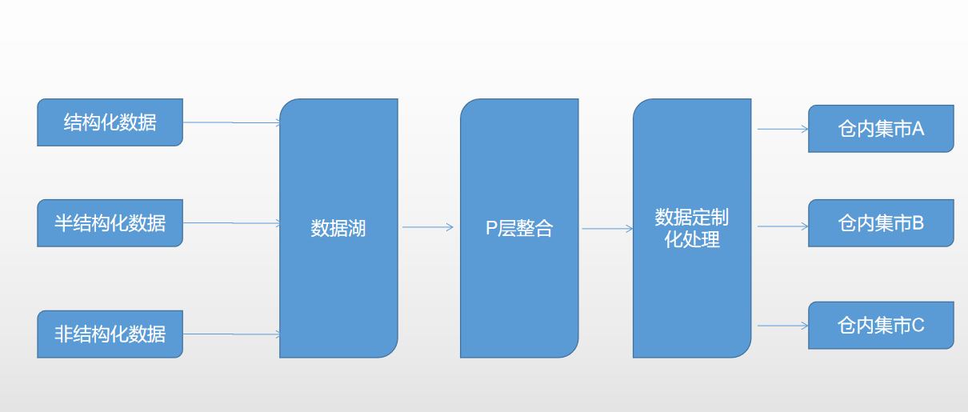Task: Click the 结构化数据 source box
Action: (x=110, y=122)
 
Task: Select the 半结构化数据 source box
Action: (x=110, y=223)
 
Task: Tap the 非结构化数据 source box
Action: (x=110, y=334)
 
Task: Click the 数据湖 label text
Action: (x=338, y=229)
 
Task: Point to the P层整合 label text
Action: (x=519, y=229)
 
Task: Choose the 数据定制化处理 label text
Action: (x=692, y=228)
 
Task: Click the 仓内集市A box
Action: (x=881, y=129)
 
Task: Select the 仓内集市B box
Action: (x=881, y=223)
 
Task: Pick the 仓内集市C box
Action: (x=881, y=326)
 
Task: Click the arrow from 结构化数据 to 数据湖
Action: (x=231, y=122)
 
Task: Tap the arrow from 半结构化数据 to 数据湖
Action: (x=231, y=223)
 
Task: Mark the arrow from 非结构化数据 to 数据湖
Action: (x=231, y=334)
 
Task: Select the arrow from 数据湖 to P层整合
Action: (x=428, y=227)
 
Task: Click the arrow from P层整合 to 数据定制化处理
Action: (x=607, y=229)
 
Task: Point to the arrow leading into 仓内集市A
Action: (x=782, y=128)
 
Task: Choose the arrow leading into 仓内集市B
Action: (x=782, y=226)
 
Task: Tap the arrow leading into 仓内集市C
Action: (x=782, y=326)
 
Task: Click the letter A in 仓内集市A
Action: (x=917, y=129)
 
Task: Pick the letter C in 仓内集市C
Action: (x=917, y=326)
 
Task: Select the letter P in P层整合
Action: (x=492, y=229)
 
